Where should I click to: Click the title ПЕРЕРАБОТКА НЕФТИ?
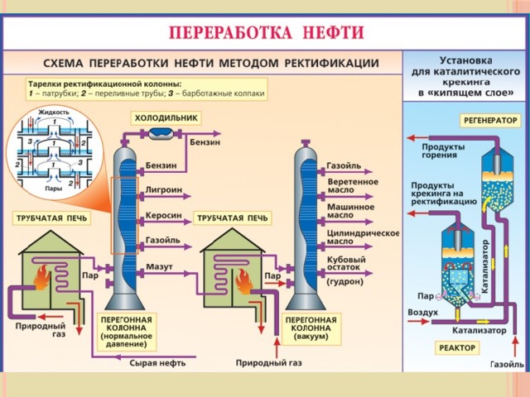tap(267, 34)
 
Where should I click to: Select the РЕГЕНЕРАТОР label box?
tap(489, 120)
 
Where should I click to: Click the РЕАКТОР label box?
tap(455, 347)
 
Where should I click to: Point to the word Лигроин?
tap(162, 189)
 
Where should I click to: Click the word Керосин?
tap(163, 215)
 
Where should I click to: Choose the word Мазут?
tap(159, 267)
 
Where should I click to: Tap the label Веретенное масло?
tap(353, 185)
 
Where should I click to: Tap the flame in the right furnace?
tap(243, 284)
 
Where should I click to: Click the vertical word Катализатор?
tap(484, 264)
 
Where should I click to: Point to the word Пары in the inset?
tap(54, 189)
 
